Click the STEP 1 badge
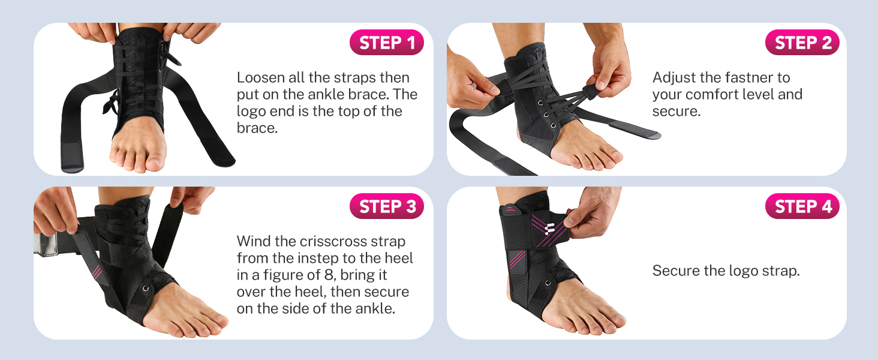pos(386,43)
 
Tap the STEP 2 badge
pos(802,43)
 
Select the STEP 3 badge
pos(386,206)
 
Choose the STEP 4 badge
pos(802,206)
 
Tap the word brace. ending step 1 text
pos(257,128)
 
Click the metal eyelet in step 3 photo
pos(146,289)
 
